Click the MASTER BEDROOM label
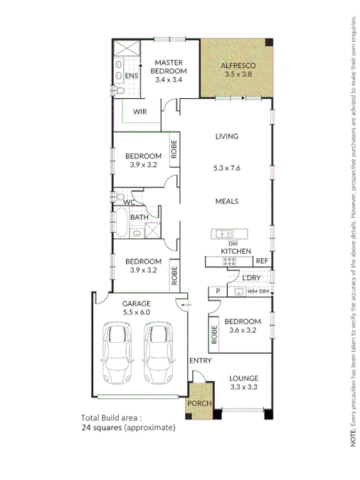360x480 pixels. [x=170, y=67]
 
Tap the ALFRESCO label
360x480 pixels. [x=238, y=65]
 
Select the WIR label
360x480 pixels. [x=140, y=112]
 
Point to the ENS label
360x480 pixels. [x=131, y=76]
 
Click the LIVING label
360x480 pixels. [x=227, y=137]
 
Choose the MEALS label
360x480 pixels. [x=227, y=201]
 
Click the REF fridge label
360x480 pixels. [x=261, y=261]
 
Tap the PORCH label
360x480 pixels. [x=200, y=404]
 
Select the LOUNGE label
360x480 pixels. [x=244, y=378]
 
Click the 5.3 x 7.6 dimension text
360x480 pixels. [x=227, y=169]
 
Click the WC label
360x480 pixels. [x=128, y=203]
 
